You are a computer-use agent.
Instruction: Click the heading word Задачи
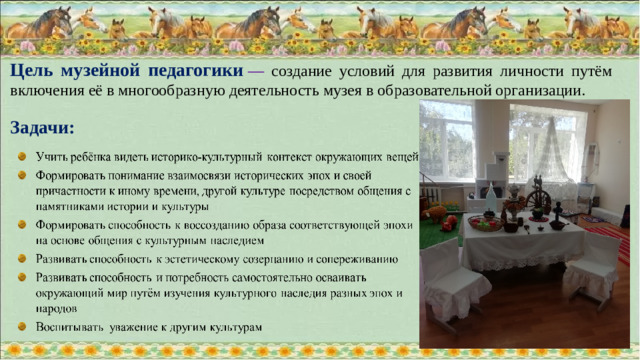tap(42, 128)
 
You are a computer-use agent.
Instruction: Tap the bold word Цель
tap(34, 72)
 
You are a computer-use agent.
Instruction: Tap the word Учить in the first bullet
tap(53, 157)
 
